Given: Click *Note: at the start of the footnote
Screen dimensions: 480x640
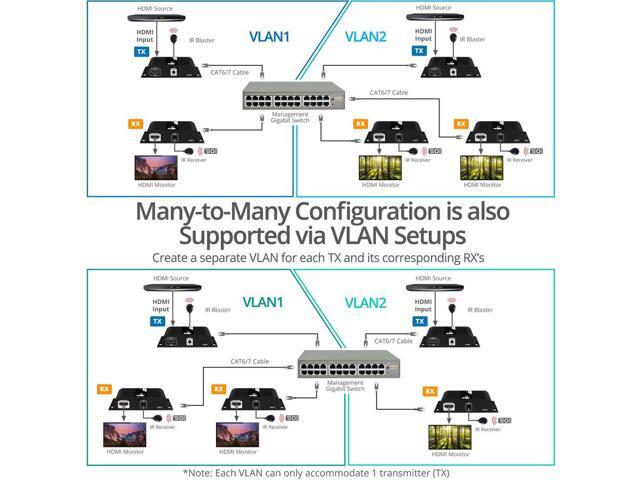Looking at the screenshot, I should pyautogui.click(x=199, y=471).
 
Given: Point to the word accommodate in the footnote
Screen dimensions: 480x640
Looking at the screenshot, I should pyautogui.click(x=333, y=471).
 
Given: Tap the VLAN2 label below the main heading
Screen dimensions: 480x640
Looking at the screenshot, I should pyautogui.click(x=365, y=303).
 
